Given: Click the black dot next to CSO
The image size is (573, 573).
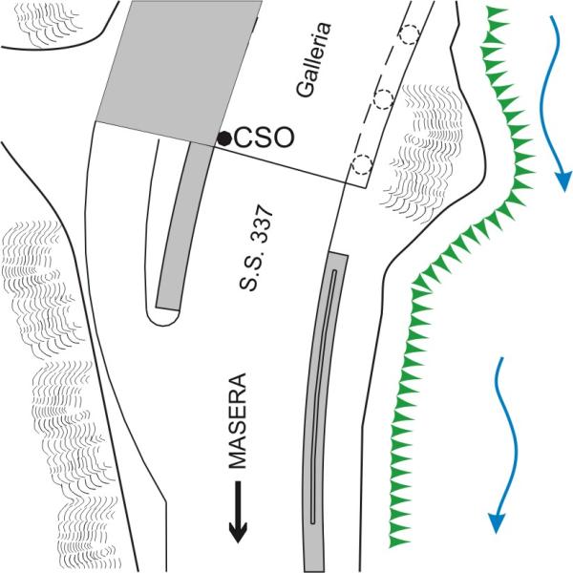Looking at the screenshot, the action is (224, 138).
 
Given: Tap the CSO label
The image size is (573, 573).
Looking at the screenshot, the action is (264, 138).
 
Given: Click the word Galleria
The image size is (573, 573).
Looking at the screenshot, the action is (313, 60).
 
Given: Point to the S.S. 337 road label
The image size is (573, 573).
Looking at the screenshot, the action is (256, 248).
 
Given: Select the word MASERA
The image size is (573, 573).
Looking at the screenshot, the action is (237, 420).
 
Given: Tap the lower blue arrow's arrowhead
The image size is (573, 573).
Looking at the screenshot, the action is (497, 523).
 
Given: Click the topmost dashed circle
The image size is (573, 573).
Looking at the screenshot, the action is (410, 34).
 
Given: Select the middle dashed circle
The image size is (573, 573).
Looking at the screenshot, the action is (384, 99).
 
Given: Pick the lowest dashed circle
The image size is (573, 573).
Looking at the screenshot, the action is (362, 164).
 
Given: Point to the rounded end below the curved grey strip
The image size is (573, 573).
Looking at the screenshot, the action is (163, 317).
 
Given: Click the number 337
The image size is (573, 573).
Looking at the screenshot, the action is (262, 223).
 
